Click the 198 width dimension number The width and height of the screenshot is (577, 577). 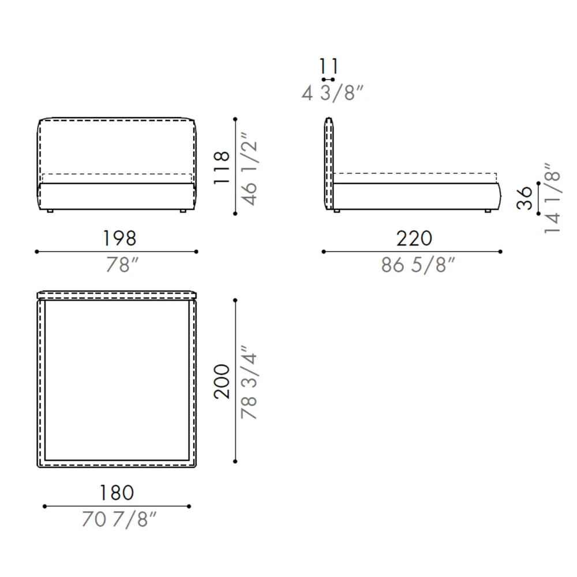coord(119,238)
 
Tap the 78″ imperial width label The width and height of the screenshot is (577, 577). coord(122,265)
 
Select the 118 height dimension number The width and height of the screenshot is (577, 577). coord(222,167)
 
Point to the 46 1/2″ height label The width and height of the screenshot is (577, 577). coord(249,168)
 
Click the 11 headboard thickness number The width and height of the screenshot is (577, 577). coord(328,66)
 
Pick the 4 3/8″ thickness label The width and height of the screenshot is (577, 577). coord(332,93)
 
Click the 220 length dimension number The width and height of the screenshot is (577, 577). coord(414,238)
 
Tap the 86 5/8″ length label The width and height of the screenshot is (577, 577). coord(418,265)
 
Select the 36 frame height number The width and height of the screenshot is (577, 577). coord(524,198)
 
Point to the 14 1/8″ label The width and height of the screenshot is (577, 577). coord(552,197)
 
